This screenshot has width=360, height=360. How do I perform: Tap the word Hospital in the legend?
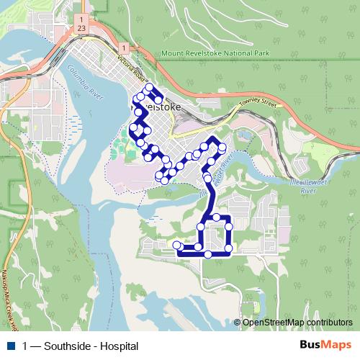pyautogui.click(x=118, y=346)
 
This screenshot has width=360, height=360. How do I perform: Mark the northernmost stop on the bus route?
pyautogui.click(x=150, y=88)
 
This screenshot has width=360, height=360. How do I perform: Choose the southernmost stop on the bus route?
pyautogui.click(x=208, y=254)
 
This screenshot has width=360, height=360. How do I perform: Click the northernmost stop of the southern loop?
pyautogui.click(x=215, y=217)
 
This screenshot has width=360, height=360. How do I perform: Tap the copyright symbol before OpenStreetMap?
pyautogui.click(x=237, y=322)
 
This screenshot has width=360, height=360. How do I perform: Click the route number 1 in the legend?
pyautogui.click(x=26, y=346)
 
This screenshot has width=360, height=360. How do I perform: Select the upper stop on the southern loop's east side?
pyautogui.click(x=229, y=226)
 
